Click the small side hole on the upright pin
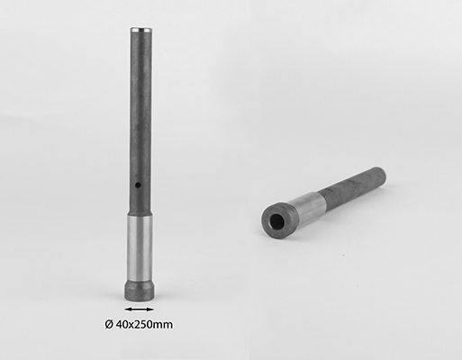coord(138,185)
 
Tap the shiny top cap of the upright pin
coord(140,30)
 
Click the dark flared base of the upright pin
coord(140,290)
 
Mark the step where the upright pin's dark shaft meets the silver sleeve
coord(140,214)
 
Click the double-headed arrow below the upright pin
coord(140,309)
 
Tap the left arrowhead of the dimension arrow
coord(127,309)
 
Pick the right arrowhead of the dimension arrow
coord(151,309)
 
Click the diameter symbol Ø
coord(109,324)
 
